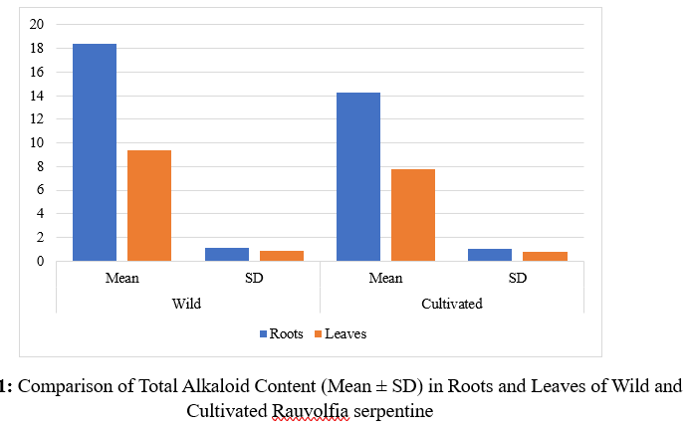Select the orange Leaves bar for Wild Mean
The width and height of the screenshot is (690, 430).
point(148,205)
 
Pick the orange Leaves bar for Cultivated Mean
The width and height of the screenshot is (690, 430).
point(413,215)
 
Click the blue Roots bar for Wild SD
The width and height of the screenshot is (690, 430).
point(226,255)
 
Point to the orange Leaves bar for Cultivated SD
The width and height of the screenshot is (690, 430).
point(545,257)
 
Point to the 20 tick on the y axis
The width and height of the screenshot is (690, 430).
point(37,25)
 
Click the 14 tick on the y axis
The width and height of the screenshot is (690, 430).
point(37,96)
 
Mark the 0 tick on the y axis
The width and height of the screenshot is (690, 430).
point(40,261)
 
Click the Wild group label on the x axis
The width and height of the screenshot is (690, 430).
point(186,304)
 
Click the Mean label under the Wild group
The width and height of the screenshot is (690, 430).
point(121,278)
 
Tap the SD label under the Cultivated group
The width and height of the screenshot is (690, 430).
point(518,278)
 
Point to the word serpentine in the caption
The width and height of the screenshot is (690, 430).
point(393,409)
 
